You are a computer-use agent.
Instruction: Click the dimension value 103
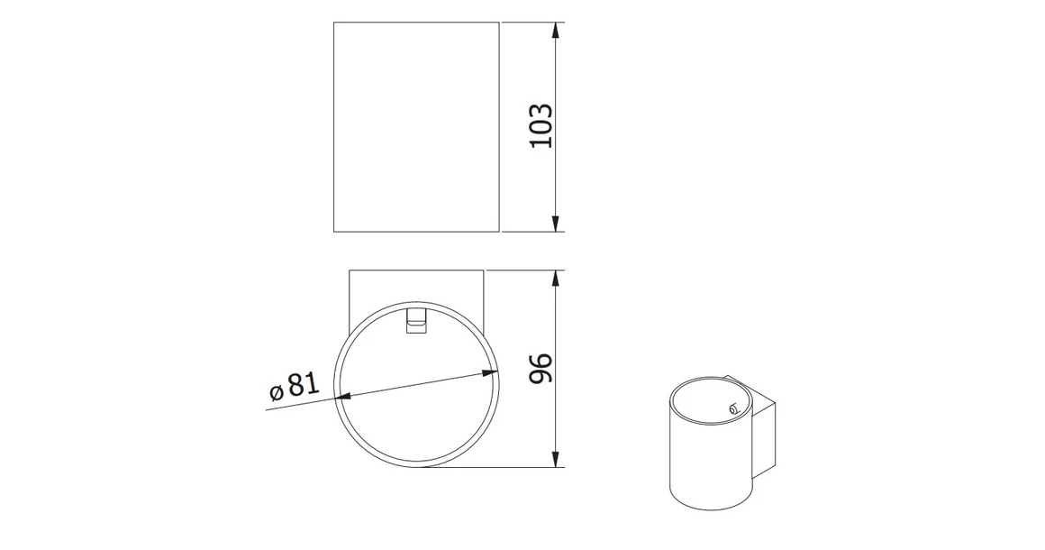tap(541, 126)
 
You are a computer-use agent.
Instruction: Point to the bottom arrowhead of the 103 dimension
tap(557, 225)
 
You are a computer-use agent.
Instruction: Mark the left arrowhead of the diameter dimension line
tap(343, 396)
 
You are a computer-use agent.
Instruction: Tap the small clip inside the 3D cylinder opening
tap(732, 408)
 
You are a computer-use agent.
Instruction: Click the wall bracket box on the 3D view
tap(763, 433)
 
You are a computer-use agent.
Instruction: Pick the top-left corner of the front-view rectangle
tap(334, 23)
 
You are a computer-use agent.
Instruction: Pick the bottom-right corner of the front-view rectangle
tap(500, 232)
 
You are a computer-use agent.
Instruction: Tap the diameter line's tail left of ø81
tap(268, 409)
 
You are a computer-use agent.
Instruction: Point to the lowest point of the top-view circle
tap(416, 467)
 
